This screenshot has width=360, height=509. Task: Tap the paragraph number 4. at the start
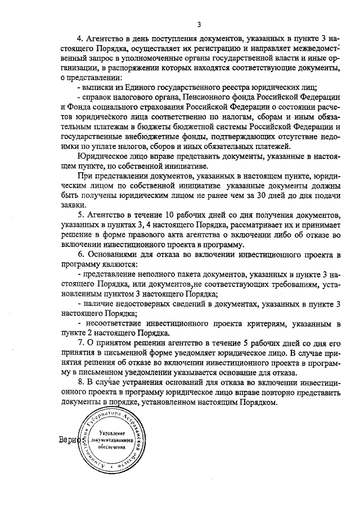[x=80, y=39]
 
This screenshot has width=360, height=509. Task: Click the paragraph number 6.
[x=80, y=255]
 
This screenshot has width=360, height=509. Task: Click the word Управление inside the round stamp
[x=109, y=430]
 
